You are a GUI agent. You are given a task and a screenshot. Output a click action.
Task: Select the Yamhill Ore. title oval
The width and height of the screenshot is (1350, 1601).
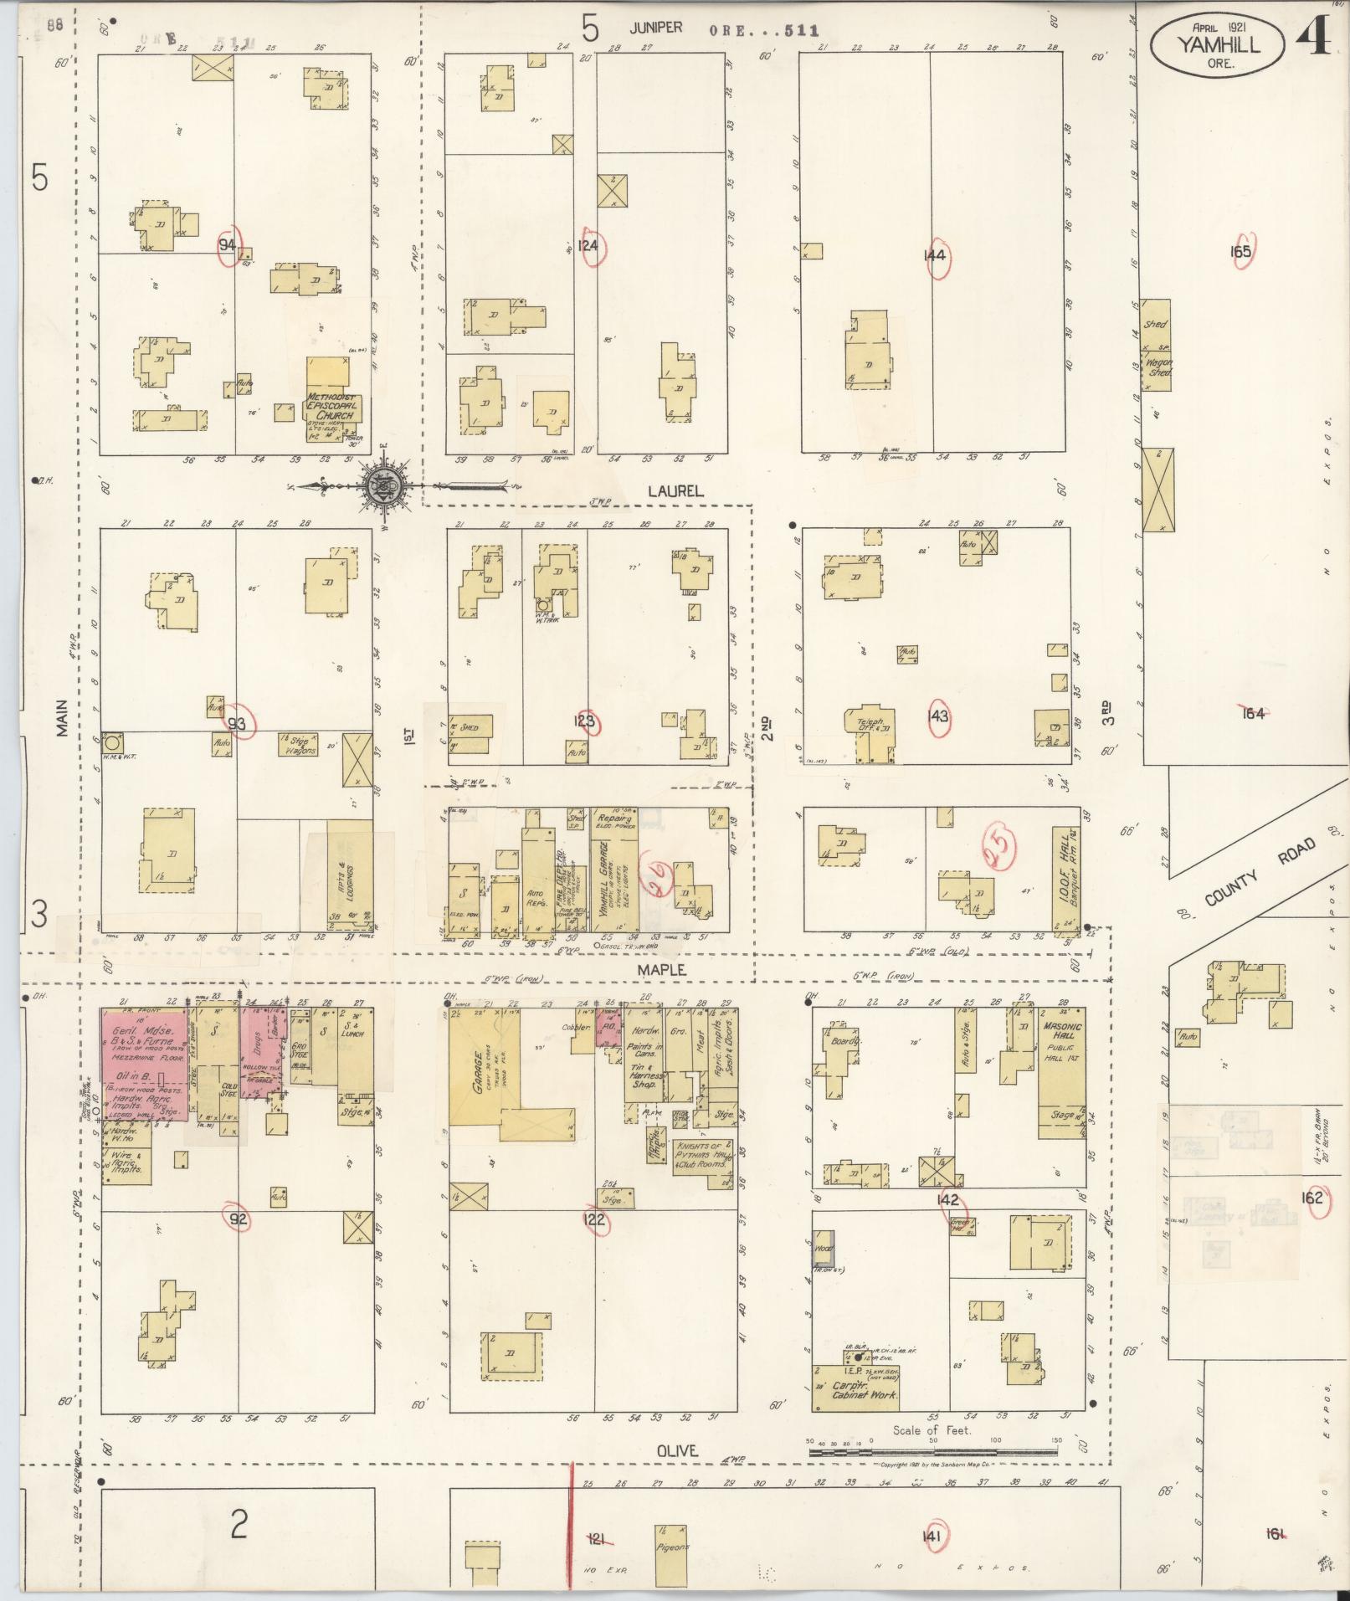coord(1217,44)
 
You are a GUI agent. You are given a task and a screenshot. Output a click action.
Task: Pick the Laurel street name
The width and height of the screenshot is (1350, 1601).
coord(674,492)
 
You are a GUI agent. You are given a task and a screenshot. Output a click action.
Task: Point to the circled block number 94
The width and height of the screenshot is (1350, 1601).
coord(227,245)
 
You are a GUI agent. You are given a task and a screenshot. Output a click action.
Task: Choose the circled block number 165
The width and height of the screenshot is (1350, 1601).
coord(1240,251)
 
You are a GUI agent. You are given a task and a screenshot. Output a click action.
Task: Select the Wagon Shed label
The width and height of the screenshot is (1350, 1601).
coord(1158,367)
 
